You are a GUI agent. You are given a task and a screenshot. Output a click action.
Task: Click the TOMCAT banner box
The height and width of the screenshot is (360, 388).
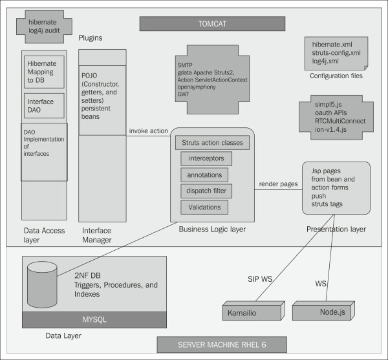(212, 24)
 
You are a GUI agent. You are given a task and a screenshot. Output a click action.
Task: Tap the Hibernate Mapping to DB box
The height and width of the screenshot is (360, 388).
(44, 72)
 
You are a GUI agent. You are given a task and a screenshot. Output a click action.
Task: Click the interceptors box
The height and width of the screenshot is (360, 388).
(206, 159)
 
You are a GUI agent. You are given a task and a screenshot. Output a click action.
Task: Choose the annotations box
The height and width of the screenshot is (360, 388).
(206, 175)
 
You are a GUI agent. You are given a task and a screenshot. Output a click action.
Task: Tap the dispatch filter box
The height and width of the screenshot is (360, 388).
(206, 191)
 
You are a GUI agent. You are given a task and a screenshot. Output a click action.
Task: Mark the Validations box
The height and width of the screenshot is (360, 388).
(206, 207)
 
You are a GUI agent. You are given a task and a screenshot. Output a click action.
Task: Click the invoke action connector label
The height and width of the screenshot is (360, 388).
(148, 130)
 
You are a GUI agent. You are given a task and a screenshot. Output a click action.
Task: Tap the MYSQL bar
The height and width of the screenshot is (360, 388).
(94, 319)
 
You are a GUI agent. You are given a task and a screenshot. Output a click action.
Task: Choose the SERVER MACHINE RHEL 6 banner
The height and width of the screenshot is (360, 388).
(212, 344)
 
